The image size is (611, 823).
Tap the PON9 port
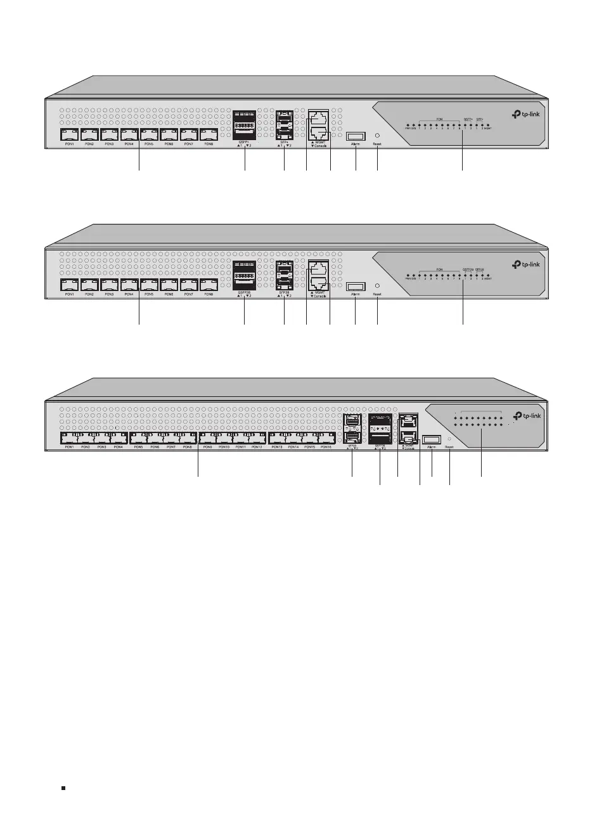pyautogui.click(x=207, y=438)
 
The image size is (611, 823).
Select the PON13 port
pyautogui.click(x=277, y=438)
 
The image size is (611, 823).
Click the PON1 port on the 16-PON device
pyautogui.click(x=69, y=438)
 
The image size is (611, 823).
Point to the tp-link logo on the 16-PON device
pyautogui.click(x=527, y=416)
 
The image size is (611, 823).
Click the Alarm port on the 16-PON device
pyautogui.click(x=432, y=439)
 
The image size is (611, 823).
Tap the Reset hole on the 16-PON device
pyautogui.click(x=449, y=438)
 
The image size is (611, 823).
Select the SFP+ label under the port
pyautogui.click(x=284, y=142)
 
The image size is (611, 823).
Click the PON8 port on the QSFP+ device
pyautogui.click(x=209, y=134)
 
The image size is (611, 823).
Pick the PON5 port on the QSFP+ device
pyautogui.click(x=149, y=134)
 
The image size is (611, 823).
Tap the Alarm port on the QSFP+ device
pyautogui.click(x=356, y=136)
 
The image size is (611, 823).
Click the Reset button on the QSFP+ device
pyautogui.click(x=377, y=136)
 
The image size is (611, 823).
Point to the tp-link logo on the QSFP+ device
pyautogui.click(x=526, y=115)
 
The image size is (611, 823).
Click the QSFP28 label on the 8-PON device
pyautogui.click(x=244, y=292)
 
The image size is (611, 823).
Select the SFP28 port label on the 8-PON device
pyautogui.click(x=284, y=292)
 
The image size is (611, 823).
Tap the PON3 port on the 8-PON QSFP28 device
pyautogui.click(x=109, y=285)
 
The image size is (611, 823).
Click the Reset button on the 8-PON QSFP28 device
pyautogui.click(x=377, y=285)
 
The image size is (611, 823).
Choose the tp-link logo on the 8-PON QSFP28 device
pyautogui.click(x=526, y=264)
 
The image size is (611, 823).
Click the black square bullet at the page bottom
pyautogui.click(x=63, y=787)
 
